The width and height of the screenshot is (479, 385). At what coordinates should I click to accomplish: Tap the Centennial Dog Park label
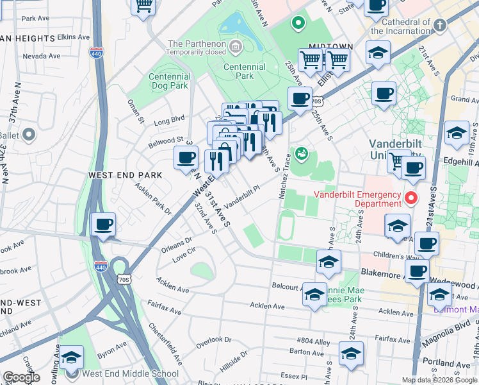pos(169,80)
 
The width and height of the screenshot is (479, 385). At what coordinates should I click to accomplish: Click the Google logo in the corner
pos(21,377)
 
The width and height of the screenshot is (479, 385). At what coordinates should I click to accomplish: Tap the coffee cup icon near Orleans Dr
pos(103,225)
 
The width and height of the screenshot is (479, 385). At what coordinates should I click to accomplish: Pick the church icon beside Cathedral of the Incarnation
pos(439,25)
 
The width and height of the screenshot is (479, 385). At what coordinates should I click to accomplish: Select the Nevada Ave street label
pos(41,56)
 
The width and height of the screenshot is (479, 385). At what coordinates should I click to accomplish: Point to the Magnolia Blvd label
pos(451,329)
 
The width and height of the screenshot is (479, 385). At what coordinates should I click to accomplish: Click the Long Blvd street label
pos(169,119)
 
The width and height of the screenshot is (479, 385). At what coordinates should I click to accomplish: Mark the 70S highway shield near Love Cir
pos(124,278)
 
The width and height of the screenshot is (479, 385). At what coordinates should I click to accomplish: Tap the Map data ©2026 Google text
pos(439,380)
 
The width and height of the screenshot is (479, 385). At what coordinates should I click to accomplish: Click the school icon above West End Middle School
pos(72,357)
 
